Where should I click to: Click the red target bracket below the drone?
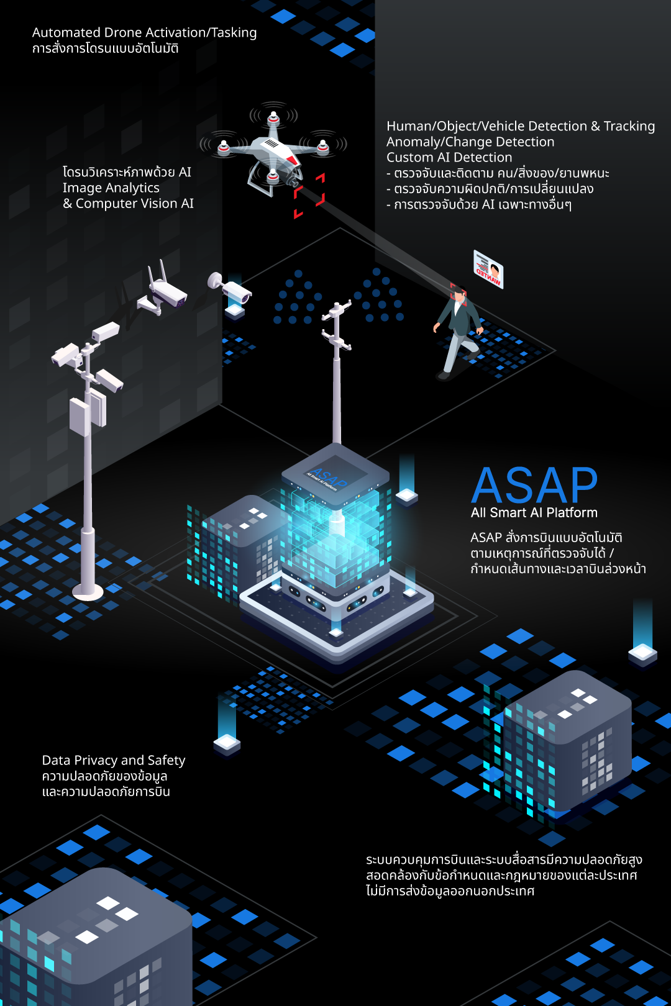tap(309, 196)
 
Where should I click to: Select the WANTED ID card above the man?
tap(488, 269)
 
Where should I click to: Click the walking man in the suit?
tap(458, 332)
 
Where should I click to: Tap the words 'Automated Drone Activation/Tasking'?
tap(144, 32)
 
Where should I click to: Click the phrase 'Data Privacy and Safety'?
tap(114, 760)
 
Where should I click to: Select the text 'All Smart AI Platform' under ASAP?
tap(534, 513)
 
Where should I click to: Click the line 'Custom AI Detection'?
tap(449, 158)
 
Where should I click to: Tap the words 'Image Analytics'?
tap(111, 188)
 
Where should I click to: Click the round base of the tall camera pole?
tap(88, 590)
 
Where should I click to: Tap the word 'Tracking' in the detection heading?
tap(629, 126)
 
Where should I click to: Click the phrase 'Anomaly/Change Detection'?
tap(470, 142)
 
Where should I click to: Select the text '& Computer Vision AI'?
tap(129, 204)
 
